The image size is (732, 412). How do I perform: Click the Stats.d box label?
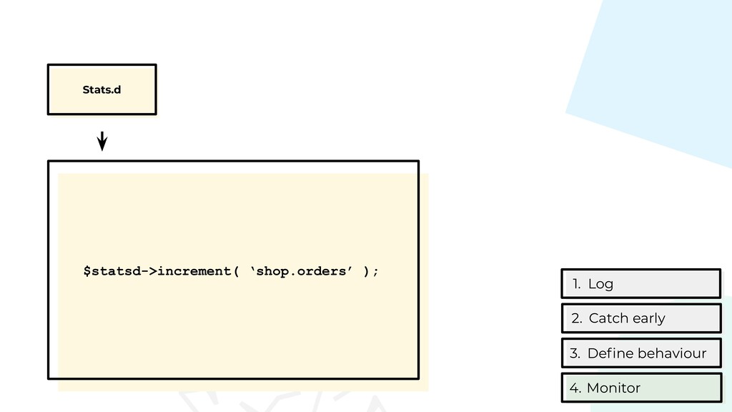[102, 90]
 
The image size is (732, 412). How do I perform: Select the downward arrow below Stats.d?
[102, 141]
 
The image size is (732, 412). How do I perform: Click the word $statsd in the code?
[110, 271]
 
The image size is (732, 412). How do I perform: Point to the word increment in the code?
[191, 271]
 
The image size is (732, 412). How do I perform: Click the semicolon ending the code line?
[376, 271]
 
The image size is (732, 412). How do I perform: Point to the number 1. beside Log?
[576, 284]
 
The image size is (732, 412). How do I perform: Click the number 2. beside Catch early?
[577, 318]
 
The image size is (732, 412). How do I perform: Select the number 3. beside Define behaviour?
[575, 353]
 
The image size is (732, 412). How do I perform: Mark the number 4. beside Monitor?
[575, 388]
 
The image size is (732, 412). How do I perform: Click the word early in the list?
[648, 318]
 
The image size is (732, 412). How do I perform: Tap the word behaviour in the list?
[671, 353]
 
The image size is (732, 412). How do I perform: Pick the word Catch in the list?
[607, 318]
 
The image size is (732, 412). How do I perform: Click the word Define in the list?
[610, 353]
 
